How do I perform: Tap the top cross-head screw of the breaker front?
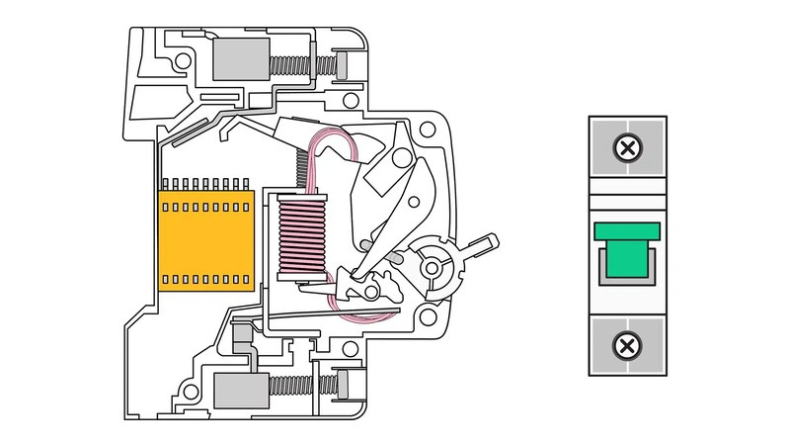626,149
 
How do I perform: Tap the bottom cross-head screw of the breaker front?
626,345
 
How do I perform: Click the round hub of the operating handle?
433,264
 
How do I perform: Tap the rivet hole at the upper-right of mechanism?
427,130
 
